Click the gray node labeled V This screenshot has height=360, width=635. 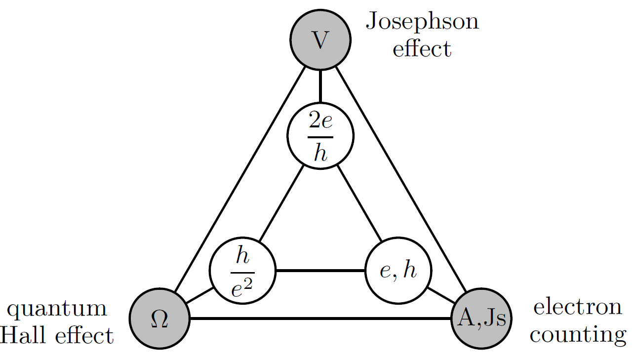320,40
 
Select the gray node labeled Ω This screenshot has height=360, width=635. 159,318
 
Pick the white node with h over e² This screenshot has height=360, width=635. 242,271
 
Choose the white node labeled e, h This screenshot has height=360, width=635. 398,271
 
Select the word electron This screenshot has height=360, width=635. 577,307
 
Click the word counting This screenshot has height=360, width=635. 577,335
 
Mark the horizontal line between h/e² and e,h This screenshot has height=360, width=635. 320,271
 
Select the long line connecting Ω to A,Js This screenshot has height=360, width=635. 320,319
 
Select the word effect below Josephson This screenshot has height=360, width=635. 422,49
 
